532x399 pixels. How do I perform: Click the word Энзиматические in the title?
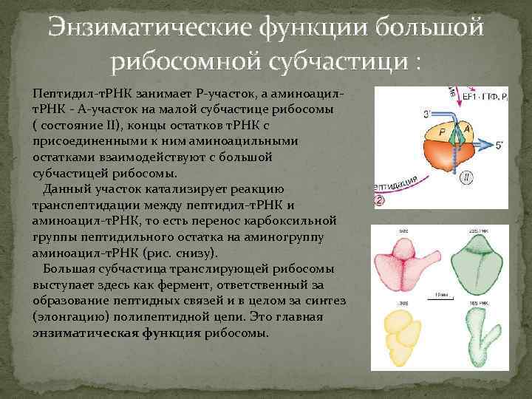click(x=150, y=30)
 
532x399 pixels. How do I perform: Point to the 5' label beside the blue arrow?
click(x=499, y=146)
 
